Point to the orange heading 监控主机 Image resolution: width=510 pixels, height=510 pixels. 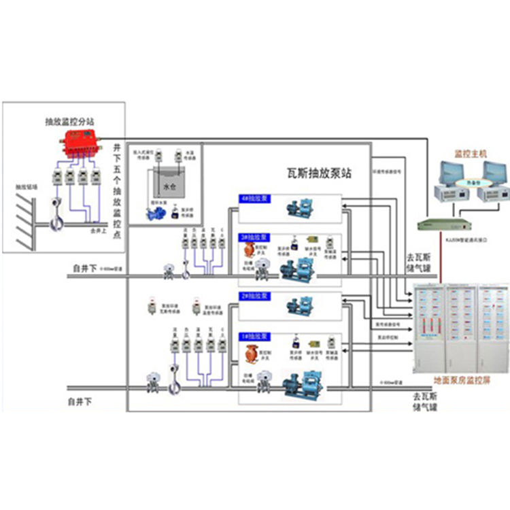coord(470,156)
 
